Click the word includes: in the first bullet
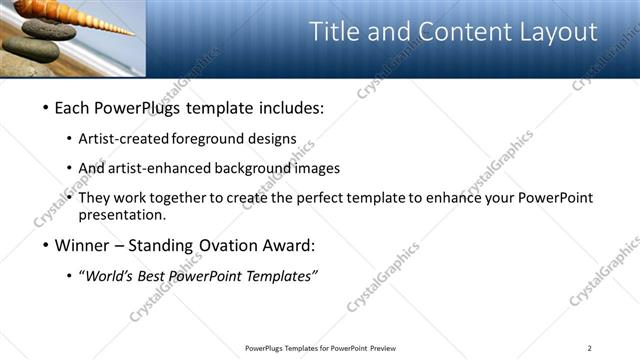tap(289, 107)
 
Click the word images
tap(318, 168)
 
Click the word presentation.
tap(123, 215)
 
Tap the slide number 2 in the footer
tap(590, 348)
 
